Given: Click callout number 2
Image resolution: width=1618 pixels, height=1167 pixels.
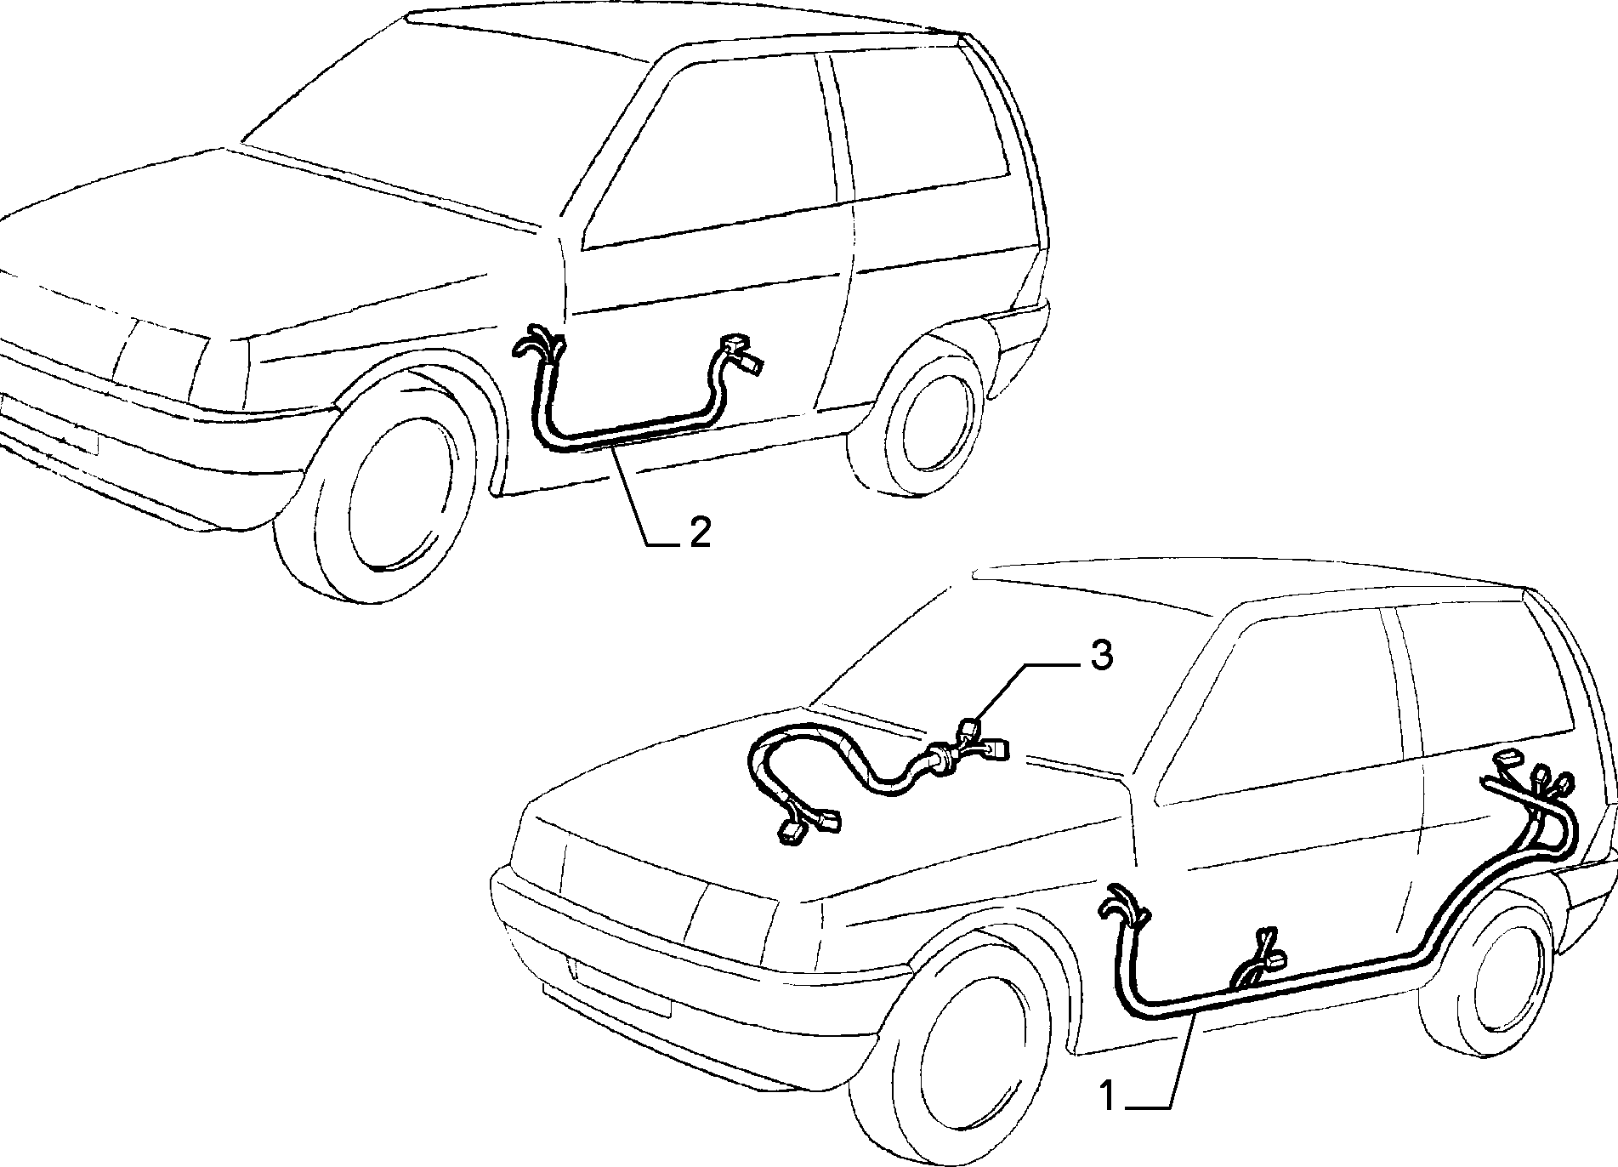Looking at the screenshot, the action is pos(699,532).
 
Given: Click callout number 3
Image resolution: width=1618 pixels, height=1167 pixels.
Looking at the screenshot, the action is pos(1100,656).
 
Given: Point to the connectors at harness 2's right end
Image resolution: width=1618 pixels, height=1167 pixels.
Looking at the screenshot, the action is pos(741,352).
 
